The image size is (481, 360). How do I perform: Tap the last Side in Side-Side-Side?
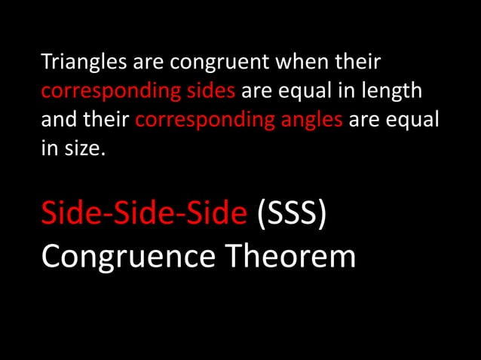pos(217,213)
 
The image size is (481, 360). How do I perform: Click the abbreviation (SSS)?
pos(292,213)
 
